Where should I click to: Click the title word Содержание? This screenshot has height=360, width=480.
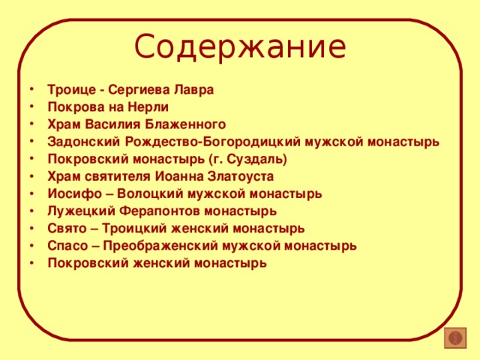tap(240, 47)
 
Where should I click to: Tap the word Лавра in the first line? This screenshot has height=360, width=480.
tap(196, 89)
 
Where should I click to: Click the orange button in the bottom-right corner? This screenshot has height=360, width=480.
tap(454, 338)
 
